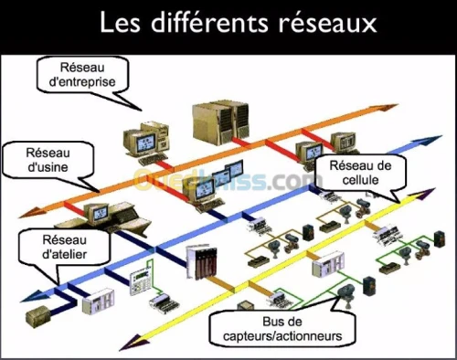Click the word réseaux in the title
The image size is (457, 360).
pos(327,23)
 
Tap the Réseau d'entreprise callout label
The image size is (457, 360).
pos(82,75)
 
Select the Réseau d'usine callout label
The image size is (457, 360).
pos(48,160)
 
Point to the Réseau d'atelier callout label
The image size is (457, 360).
pos(64,247)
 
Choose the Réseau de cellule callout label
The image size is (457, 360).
pos(360,173)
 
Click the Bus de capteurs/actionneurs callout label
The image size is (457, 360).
pos(282,329)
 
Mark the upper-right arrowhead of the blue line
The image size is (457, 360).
pos(429,141)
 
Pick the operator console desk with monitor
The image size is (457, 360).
pos(103,217)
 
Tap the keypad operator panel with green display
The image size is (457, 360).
pos(141,281)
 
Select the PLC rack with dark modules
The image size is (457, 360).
pos(202,261)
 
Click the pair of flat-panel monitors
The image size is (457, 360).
pos(228,173)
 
